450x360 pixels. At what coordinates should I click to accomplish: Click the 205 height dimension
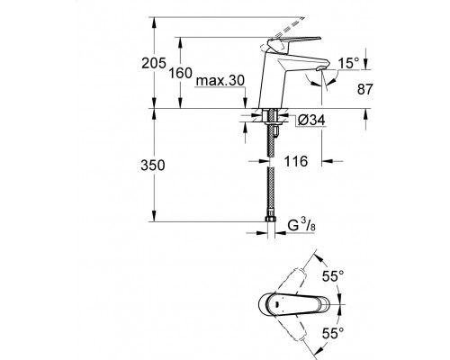[x=154, y=63]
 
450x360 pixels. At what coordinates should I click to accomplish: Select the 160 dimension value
[x=180, y=73]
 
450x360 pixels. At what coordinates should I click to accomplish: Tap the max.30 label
[x=220, y=80]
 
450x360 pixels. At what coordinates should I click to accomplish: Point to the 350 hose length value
[x=153, y=166]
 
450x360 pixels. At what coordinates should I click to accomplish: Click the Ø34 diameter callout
[x=311, y=121]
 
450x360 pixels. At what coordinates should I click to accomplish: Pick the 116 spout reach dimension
[x=296, y=161]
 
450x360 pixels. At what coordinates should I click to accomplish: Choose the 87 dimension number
[x=364, y=89]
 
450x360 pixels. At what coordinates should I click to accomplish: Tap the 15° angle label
[x=348, y=63]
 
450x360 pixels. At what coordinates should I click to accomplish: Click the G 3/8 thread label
[x=301, y=225]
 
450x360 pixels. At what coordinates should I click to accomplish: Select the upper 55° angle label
[x=333, y=276]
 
